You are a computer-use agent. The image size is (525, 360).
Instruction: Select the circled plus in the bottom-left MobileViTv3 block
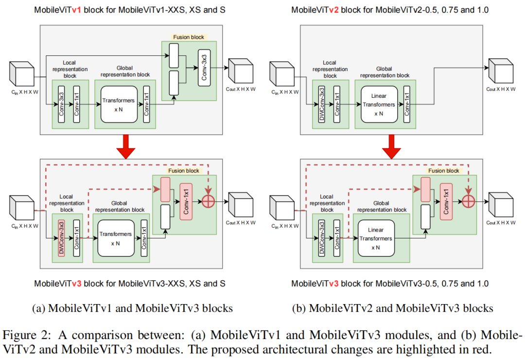click(x=209, y=200)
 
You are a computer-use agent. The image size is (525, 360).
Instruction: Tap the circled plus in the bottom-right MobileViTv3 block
click(x=469, y=200)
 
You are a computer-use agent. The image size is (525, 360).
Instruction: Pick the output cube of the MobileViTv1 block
click(x=240, y=71)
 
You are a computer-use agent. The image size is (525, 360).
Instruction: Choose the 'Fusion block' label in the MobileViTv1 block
click(x=189, y=37)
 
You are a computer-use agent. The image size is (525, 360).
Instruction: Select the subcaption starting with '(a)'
click(x=132, y=308)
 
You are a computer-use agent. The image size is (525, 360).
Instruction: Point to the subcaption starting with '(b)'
click(x=392, y=308)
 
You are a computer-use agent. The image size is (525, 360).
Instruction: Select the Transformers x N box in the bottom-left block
click(x=115, y=238)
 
